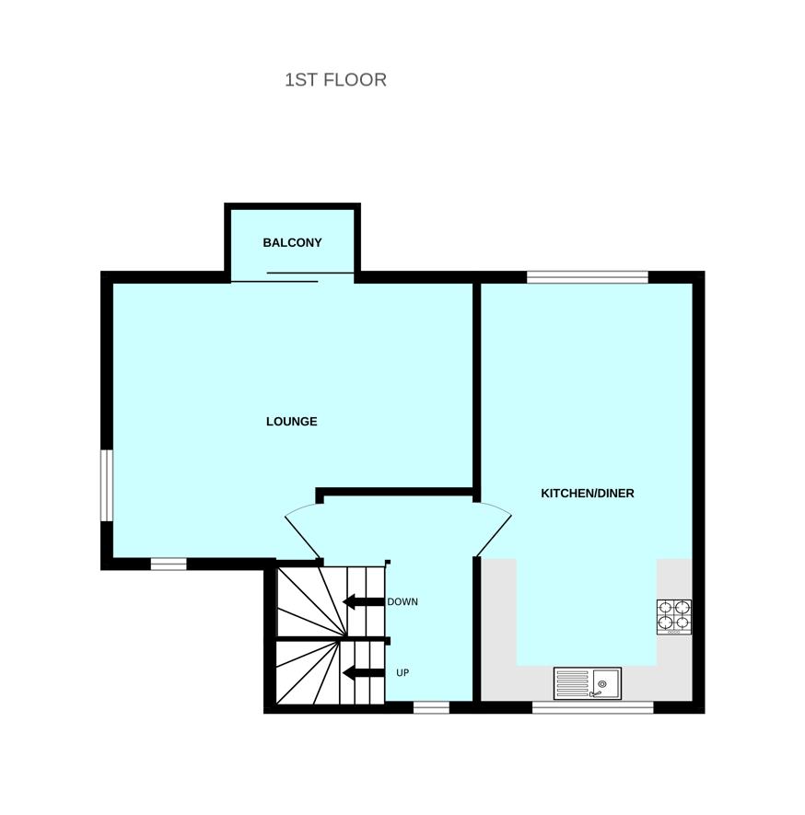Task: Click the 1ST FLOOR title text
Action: point(335,80)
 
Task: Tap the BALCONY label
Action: point(292,243)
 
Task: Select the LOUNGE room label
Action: point(291,422)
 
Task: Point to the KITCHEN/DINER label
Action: point(587,494)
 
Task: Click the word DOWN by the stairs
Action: point(402,602)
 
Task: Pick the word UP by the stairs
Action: point(402,673)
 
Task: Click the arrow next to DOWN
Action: point(363,602)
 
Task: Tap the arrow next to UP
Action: point(363,673)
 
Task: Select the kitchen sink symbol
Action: point(587,683)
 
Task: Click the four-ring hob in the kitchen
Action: point(673,617)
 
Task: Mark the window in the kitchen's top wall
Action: point(587,276)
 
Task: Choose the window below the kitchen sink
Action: point(592,707)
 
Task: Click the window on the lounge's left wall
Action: point(107,485)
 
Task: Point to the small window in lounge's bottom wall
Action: point(169,564)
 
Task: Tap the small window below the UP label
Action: point(431,707)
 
